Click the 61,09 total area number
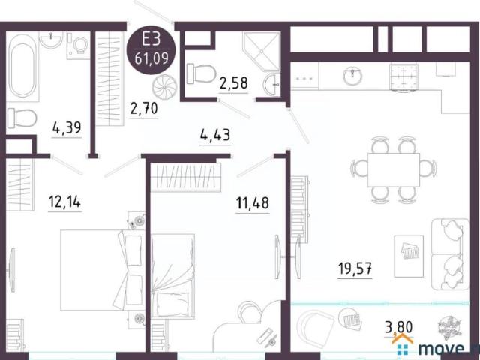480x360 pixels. click(151, 58)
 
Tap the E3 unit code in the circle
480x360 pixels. click(151, 40)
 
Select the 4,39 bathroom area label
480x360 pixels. click(67, 127)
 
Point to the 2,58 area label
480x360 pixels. click(233, 83)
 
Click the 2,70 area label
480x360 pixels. click(144, 108)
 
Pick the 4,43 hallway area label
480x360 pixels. click(215, 135)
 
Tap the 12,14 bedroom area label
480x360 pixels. click(64, 202)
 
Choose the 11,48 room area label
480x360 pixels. click(253, 203)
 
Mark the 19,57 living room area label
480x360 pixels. click(355, 268)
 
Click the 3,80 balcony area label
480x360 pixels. click(399, 327)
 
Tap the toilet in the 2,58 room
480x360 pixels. click(200, 73)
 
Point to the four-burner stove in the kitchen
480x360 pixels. click(403, 76)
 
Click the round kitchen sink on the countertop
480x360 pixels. click(352, 76)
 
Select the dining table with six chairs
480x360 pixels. click(394, 170)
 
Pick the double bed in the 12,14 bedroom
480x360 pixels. click(101, 270)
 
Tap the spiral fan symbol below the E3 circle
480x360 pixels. click(164, 87)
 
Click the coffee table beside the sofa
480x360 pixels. click(409, 256)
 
